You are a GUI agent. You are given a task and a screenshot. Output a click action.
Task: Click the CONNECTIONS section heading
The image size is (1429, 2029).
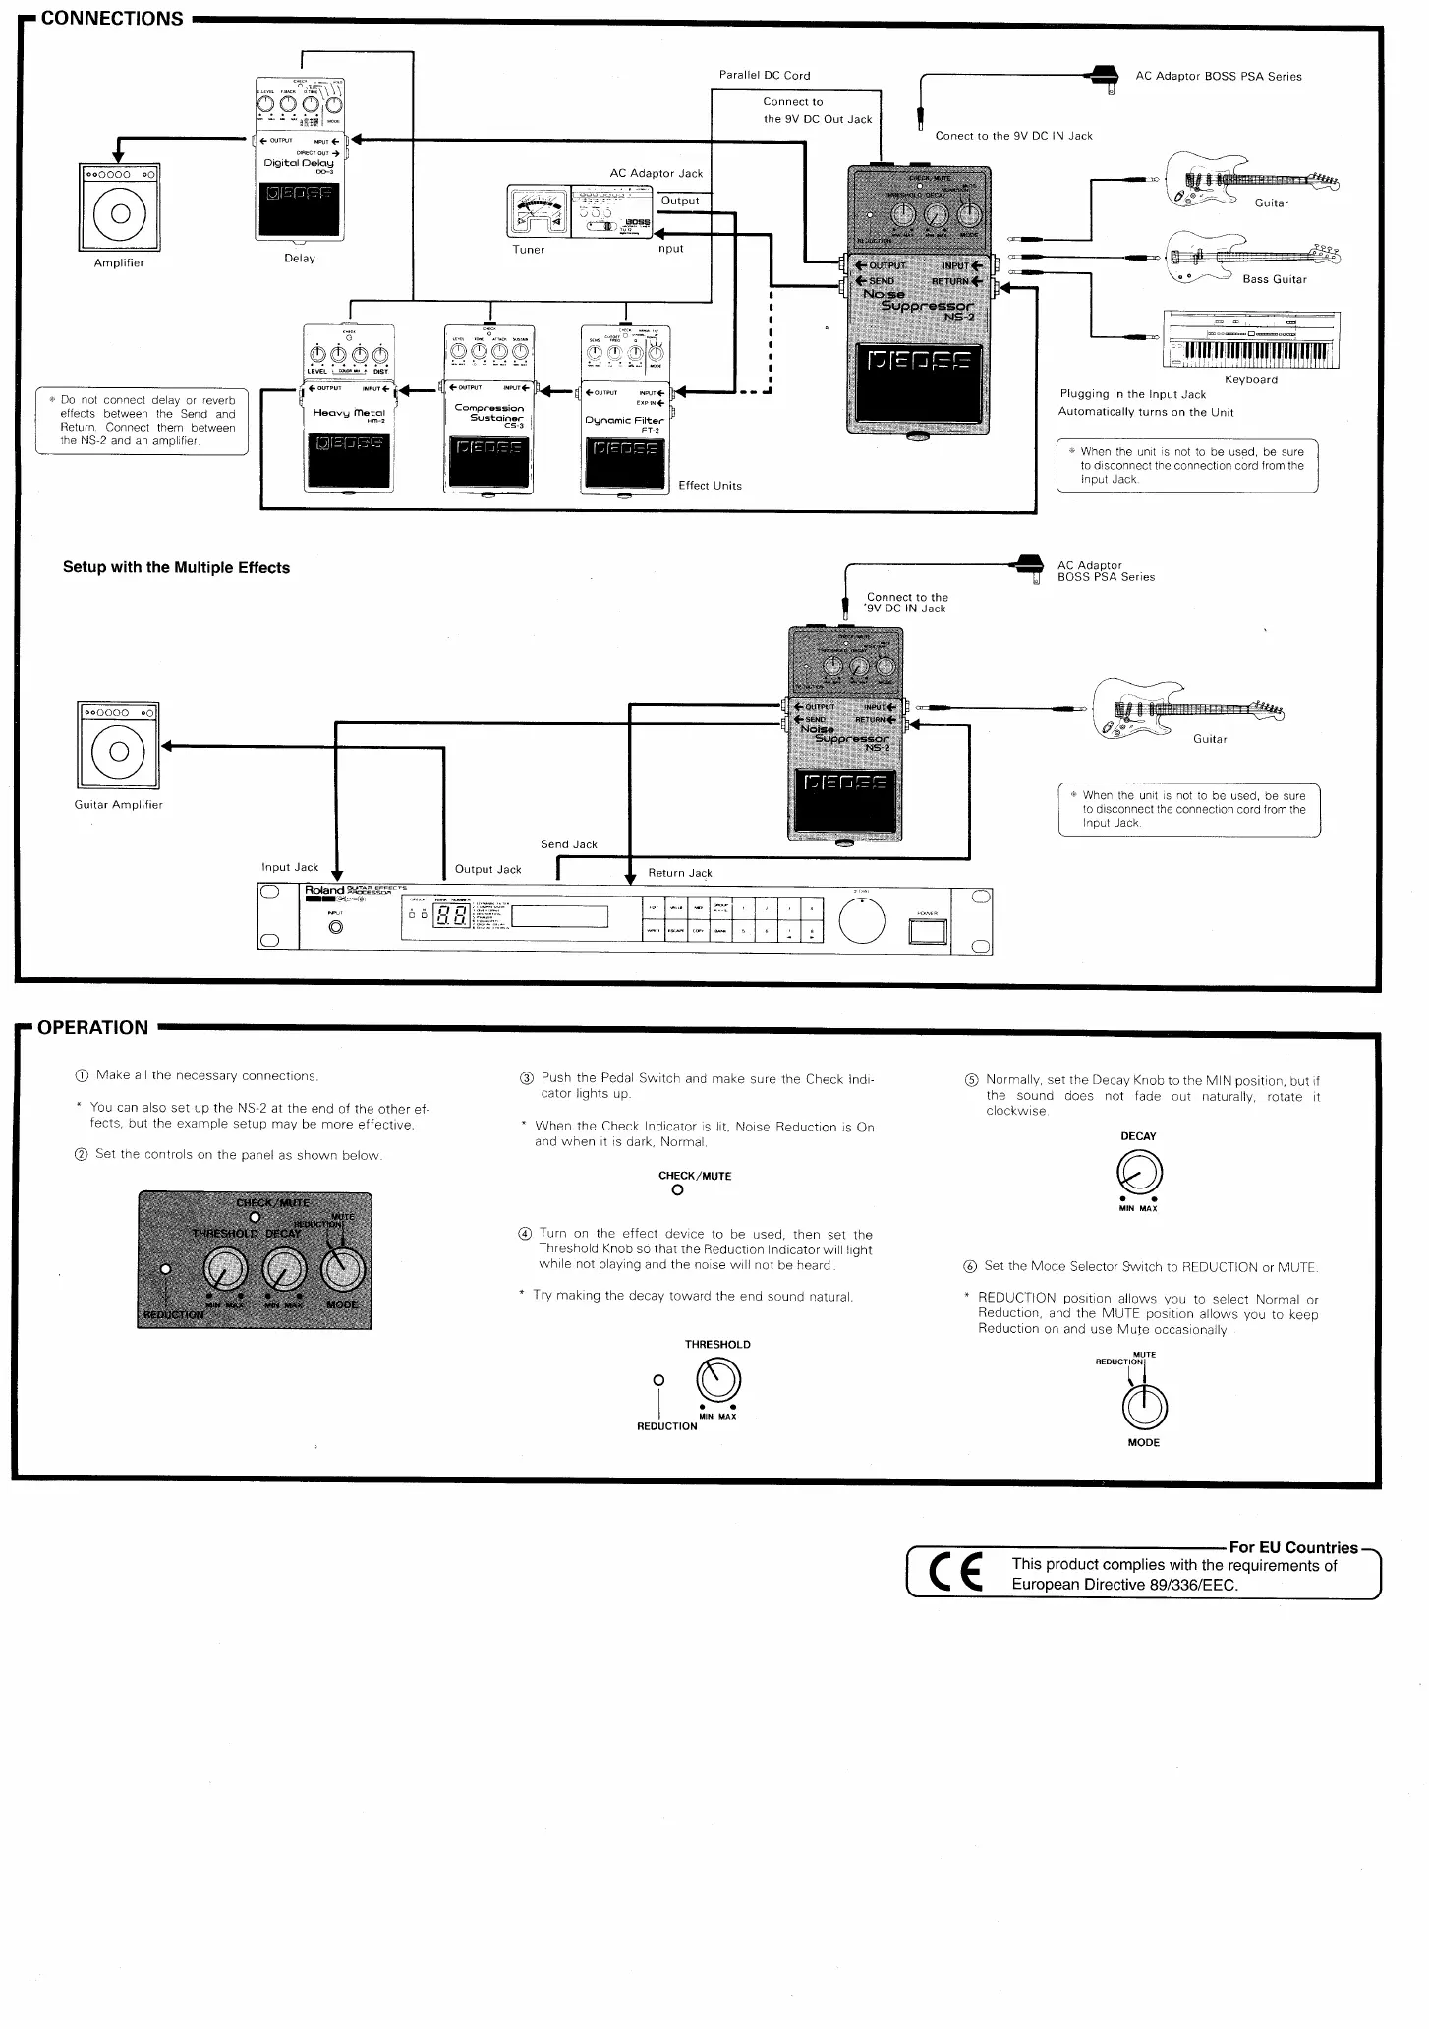click(x=112, y=19)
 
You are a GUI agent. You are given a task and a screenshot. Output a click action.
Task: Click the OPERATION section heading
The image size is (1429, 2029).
click(x=92, y=1027)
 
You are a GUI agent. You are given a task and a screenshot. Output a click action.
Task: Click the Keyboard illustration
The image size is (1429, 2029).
click(x=1251, y=339)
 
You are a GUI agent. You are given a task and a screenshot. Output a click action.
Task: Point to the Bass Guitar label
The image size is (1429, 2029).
click(x=1274, y=279)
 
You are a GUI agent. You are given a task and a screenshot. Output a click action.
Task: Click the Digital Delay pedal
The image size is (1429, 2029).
click(x=300, y=157)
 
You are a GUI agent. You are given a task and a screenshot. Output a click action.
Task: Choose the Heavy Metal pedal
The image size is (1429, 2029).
click(x=349, y=408)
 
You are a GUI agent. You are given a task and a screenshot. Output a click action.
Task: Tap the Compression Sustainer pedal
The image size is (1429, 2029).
click(x=488, y=408)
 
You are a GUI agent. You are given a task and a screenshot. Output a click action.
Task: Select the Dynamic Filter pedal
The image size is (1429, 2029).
click(x=625, y=408)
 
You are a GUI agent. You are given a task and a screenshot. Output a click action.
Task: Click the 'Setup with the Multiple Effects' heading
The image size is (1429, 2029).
click(x=176, y=567)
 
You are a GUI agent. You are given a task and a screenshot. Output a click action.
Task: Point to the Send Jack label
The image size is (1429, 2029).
click(x=568, y=844)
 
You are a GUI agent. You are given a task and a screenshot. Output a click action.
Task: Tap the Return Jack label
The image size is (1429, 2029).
click(x=679, y=873)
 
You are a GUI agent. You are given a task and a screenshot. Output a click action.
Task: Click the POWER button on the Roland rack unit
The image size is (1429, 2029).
click(x=928, y=928)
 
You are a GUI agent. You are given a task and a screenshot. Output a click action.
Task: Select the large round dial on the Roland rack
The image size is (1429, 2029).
click(x=862, y=921)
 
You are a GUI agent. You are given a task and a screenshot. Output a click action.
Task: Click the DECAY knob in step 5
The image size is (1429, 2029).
click(x=1139, y=1172)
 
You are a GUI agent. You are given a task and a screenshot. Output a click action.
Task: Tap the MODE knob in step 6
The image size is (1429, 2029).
click(x=1144, y=1407)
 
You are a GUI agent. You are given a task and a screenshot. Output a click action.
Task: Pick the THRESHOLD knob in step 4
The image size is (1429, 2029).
click(x=718, y=1380)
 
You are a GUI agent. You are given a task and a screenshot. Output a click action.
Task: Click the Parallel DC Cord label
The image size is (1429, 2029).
click(x=765, y=75)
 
